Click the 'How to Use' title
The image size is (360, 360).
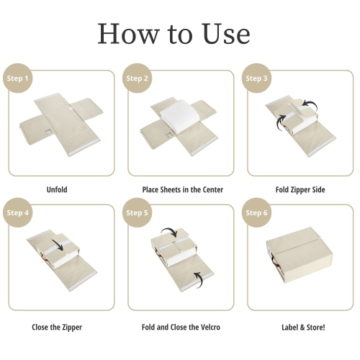coord(174,33)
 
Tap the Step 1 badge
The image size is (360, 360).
coord(17,78)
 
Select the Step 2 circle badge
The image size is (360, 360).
coord(137,78)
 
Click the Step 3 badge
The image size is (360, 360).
coord(257,78)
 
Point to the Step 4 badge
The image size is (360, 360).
coord(17,213)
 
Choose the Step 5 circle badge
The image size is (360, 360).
coord(137,213)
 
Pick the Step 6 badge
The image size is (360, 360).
coord(257,213)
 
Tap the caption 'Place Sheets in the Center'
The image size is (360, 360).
coord(182,190)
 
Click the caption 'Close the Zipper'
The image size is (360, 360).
coord(57,327)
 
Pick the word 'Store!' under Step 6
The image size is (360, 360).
coord(313,327)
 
